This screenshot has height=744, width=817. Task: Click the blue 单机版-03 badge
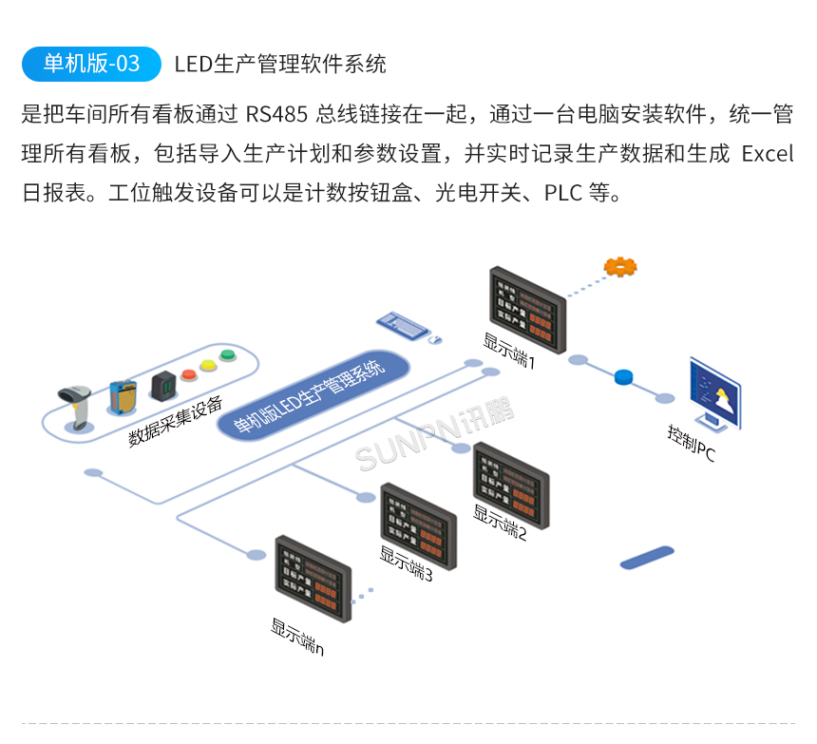pos(91,64)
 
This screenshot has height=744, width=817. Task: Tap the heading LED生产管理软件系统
pos(280,64)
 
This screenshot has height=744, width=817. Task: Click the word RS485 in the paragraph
pos(275,116)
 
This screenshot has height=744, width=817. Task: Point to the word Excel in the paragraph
pos(767,154)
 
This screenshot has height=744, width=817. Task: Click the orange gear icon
pos(620,267)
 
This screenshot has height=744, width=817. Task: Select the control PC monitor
pos(715,391)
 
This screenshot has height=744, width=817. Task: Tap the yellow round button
pos(207,364)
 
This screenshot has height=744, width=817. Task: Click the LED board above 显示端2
pos(510,484)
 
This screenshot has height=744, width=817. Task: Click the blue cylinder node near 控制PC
pos(623,377)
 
